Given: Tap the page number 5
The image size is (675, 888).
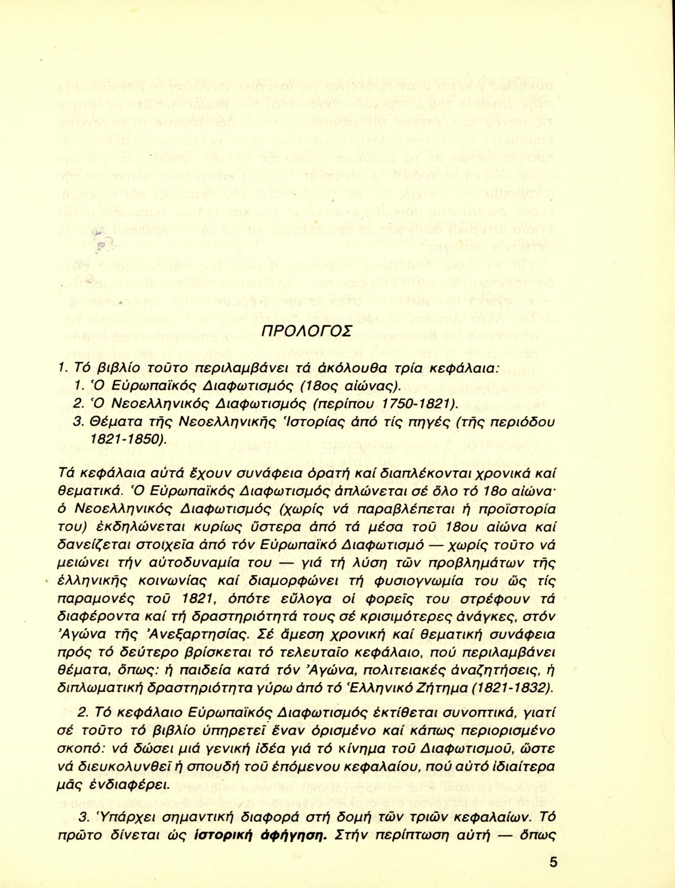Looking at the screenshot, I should pos(552,862).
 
